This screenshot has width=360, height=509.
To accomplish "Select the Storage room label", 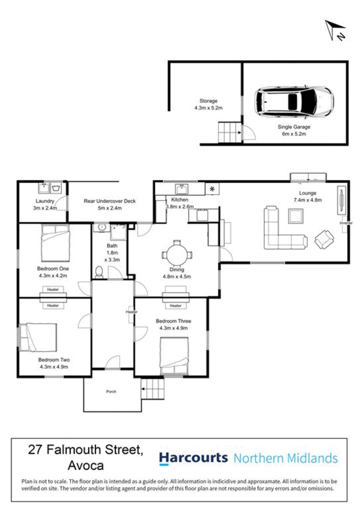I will [208, 101].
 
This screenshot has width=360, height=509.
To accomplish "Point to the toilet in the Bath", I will [99, 271].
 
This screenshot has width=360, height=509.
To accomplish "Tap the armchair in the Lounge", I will [324, 239].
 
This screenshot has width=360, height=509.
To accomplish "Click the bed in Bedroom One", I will [55, 241].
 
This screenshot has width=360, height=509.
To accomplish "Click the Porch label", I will [111, 392].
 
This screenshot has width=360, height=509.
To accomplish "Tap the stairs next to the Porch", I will [153, 389].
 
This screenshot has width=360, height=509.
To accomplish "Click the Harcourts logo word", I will [193, 458].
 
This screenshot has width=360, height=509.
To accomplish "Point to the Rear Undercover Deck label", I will [109, 201].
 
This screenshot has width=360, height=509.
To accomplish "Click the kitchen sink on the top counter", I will [181, 188].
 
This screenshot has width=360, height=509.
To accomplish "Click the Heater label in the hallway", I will [131, 311].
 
